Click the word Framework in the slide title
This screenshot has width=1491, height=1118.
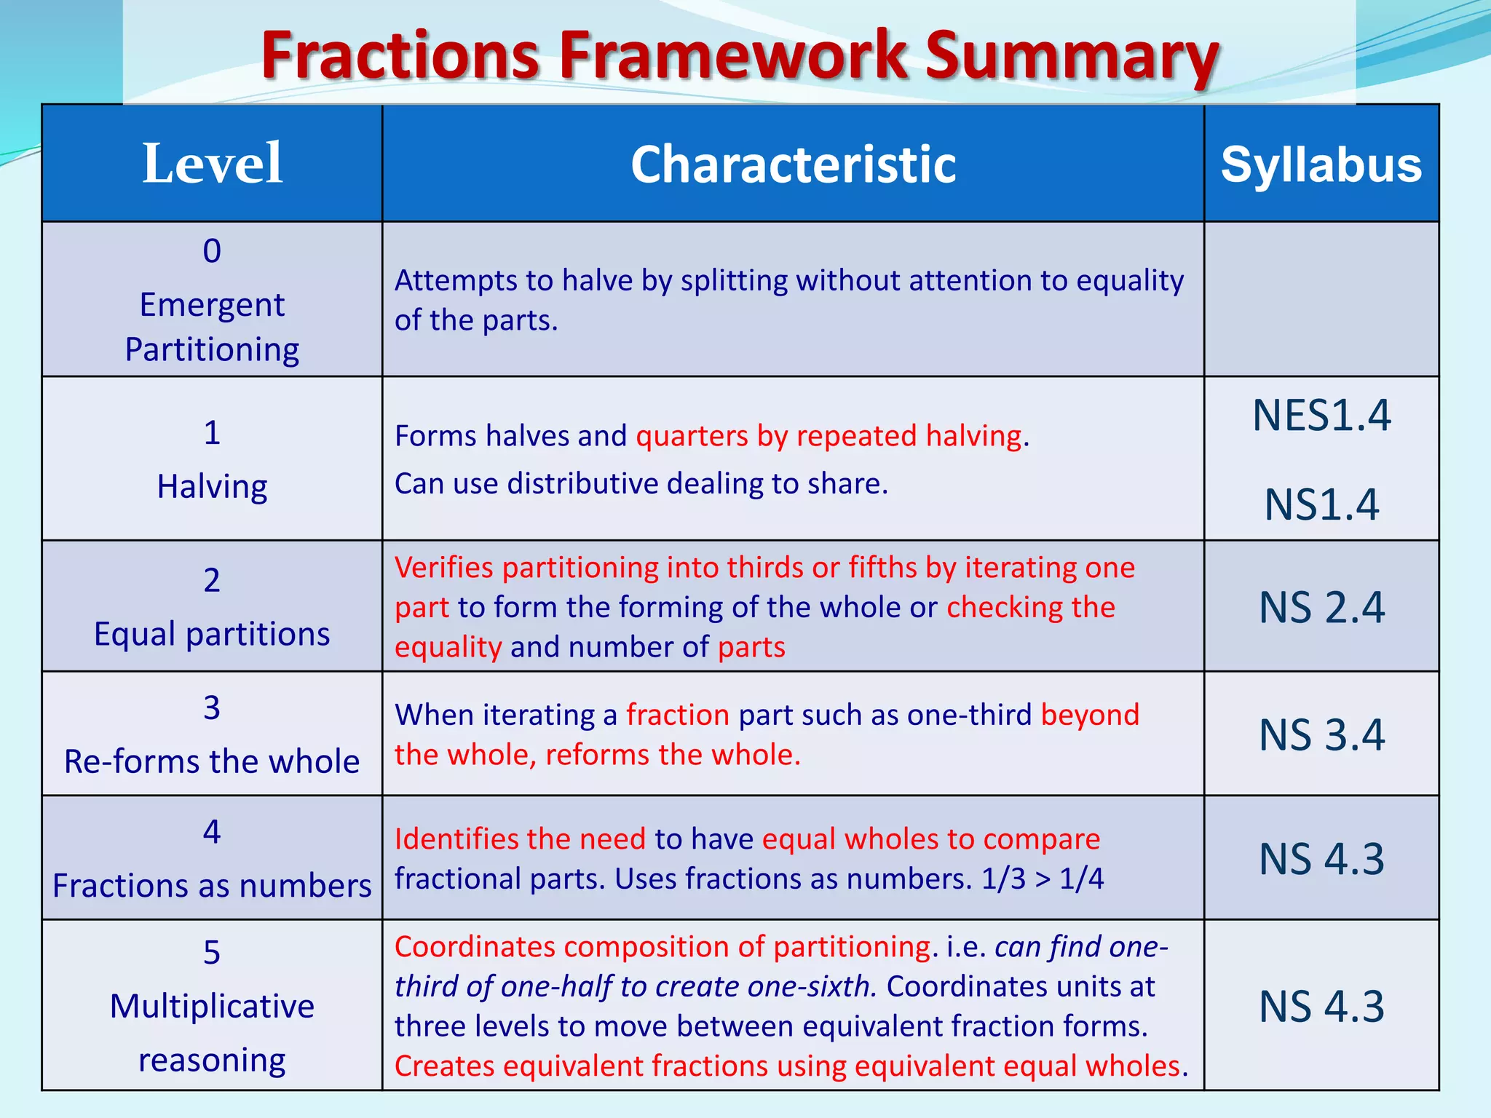(733, 57)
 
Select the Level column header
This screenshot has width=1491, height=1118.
(212, 163)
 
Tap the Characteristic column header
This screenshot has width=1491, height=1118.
(793, 164)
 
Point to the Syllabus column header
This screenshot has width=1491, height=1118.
(1321, 165)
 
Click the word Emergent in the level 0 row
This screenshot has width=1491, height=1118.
(212, 305)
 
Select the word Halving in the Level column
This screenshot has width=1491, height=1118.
(212, 486)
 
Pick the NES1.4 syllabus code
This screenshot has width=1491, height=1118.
(1321, 416)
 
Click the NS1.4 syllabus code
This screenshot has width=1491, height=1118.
(1321, 504)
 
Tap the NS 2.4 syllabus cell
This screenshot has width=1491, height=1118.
(1321, 608)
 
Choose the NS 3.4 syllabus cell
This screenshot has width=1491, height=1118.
(1321, 734)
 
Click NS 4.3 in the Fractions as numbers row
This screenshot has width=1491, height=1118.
(1321, 859)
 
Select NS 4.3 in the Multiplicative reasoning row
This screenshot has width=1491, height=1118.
(1321, 1007)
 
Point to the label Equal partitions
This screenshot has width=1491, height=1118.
(212, 634)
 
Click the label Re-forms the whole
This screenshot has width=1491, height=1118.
(212, 762)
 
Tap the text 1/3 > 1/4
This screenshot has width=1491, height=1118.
(1042, 879)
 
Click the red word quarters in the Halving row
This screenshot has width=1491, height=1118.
(692, 436)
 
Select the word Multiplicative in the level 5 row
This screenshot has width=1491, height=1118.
(212, 1007)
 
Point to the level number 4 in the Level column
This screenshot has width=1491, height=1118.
(212, 832)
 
